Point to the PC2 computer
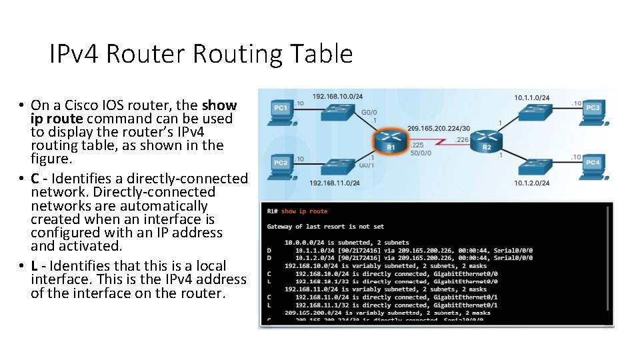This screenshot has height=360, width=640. click(281, 166)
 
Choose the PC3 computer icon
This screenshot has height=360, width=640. click(593, 111)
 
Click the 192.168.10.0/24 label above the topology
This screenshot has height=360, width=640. click(337, 97)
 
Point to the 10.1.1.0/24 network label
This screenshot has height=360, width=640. click(531, 97)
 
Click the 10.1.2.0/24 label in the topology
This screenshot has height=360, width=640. click(531, 183)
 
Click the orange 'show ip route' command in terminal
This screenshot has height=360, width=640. click(305, 211)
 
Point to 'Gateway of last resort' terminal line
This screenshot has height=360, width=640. click(325, 227)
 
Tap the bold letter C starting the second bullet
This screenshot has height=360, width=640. click(35, 179)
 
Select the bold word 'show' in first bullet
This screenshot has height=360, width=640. click(219, 105)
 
